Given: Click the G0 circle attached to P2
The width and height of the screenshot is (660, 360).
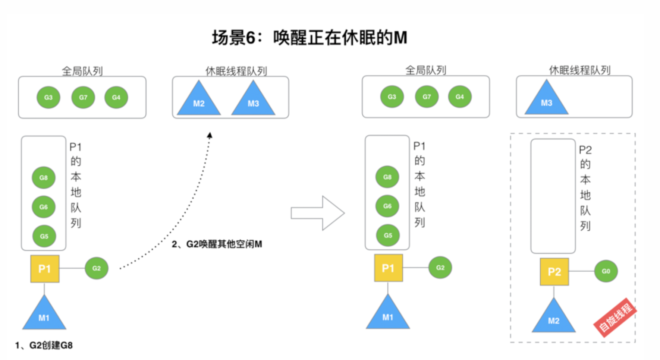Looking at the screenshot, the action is (606, 271).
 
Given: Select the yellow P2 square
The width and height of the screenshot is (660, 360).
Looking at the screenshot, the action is (554, 272).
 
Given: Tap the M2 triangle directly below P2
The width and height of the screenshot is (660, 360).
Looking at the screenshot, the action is (554, 316).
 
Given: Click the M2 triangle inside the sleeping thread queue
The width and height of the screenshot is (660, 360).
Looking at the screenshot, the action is (199, 99).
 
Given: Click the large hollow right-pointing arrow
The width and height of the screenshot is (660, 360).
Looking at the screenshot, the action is (318, 213).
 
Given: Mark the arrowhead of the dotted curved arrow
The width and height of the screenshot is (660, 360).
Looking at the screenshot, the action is (210, 135).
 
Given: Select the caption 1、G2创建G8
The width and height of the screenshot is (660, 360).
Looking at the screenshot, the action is (44, 345).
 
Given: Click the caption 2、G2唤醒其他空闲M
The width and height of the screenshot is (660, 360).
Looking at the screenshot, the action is (217, 244).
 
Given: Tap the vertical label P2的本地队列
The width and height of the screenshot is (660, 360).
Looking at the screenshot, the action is (585, 188).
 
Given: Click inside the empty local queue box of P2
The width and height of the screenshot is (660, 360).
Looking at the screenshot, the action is (553, 196).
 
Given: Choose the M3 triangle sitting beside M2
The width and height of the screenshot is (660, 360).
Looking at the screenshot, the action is (253, 99).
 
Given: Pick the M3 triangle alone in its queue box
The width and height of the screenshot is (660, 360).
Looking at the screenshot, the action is (547, 98).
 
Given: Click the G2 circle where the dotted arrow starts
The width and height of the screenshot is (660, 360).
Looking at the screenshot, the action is (97, 268).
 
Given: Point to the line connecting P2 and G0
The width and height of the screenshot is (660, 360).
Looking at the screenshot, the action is (582, 271).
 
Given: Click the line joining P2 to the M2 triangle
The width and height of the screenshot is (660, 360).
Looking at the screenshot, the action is (554, 292).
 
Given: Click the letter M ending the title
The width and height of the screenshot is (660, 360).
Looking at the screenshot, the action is (400, 38).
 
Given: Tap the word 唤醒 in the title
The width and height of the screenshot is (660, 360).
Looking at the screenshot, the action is (290, 38).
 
